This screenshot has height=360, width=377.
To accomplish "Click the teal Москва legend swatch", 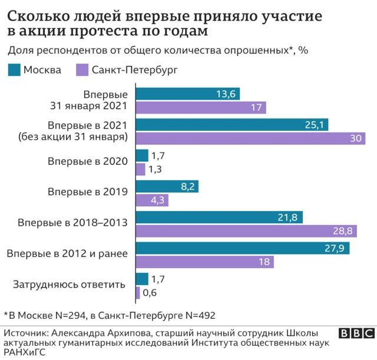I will [14, 70].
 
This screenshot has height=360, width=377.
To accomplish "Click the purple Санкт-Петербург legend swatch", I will [82, 70].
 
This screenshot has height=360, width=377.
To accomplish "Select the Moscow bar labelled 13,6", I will [191, 94].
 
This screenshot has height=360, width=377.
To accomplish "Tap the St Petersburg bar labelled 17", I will [201, 107].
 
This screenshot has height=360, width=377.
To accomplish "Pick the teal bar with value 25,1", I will [232, 125].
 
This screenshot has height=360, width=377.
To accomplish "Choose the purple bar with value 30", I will [250, 138].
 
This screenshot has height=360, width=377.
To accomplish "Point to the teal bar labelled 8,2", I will [167, 186].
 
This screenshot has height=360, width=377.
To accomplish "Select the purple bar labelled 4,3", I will [153, 200].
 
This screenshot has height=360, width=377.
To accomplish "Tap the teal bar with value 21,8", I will [219, 217].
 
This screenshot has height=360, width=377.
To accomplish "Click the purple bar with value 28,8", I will [245, 230].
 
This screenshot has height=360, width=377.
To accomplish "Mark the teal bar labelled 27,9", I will [243, 248].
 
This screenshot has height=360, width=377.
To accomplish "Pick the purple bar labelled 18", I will [204, 261].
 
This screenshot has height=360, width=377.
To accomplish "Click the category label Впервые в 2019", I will [88, 192].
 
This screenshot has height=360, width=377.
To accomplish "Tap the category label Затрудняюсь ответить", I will [69, 285].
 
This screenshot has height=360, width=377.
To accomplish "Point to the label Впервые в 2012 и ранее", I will [68, 254].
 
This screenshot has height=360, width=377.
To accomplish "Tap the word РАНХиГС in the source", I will [24, 352].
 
